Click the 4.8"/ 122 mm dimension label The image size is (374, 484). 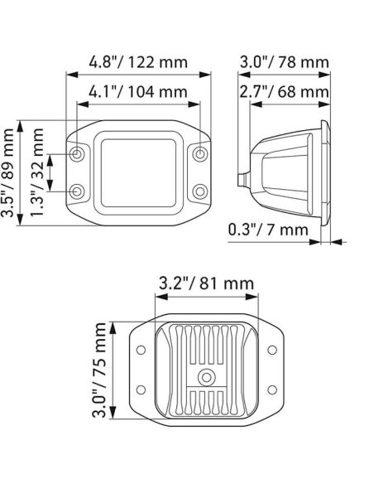tap(138, 61)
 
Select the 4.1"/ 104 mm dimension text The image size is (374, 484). tap(138, 92)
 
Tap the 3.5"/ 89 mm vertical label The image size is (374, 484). tap(7, 173)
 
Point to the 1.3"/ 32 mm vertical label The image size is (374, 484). tap(37, 173)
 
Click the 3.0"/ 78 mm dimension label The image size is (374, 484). tap(285, 61)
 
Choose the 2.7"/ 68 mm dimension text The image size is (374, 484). tap(285, 92)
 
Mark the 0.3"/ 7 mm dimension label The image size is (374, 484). tap(268, 230)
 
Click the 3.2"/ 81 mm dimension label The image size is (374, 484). tap(206, 283)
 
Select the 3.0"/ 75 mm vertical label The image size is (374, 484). tap(99, 370)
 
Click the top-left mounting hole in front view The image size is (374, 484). tap(77, 153)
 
